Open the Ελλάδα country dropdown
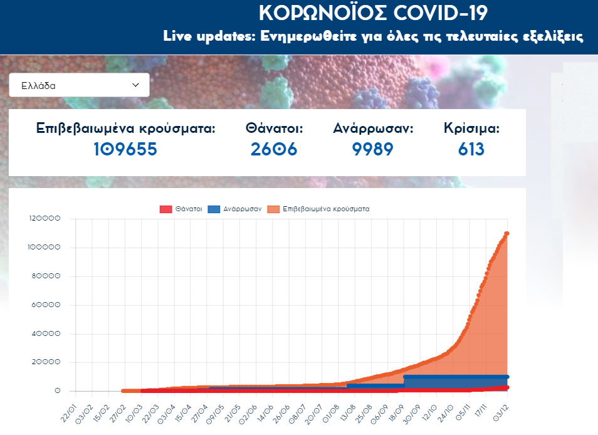(x=79, y=85)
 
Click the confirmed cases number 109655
(x=125, y=149)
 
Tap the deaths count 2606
(x=274, y=149)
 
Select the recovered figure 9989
(x=373, y=149)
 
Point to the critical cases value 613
(x=471, y=149)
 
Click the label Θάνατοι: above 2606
(x=275, y=128)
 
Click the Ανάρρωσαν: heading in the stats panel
(x=373, y=128)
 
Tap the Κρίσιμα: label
(x=471, y=128)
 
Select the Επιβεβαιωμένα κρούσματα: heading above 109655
(x=125, y=128)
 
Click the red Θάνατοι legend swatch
(x=166, y=209)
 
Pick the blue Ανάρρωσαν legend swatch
(x=214, y=209)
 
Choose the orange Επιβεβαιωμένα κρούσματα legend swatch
(x=273, y=209)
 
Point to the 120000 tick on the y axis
(x=45, y=219)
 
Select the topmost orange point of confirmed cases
(x=506, y=234)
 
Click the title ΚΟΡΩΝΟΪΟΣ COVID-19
(x=373, y=14)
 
